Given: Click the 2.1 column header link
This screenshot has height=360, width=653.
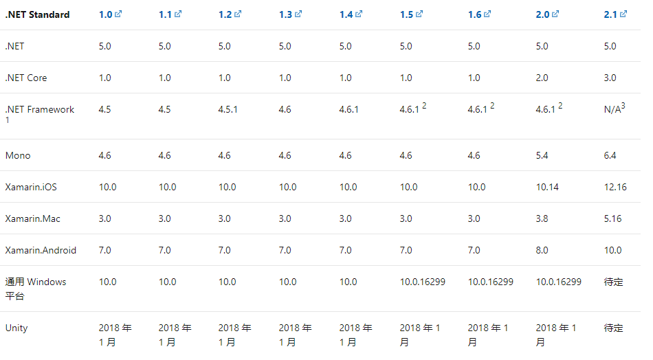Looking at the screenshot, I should tap(609, 14).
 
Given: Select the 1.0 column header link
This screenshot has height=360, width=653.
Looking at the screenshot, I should tap(105, 14).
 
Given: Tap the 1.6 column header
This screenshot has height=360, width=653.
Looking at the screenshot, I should tap(475, 14).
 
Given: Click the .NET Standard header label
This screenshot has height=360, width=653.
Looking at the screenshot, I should tap(37, 14).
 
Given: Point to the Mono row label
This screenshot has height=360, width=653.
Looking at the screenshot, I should tap(18, 155).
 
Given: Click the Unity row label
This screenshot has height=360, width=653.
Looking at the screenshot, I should tap(16, 328).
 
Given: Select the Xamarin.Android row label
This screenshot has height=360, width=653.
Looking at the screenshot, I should tap(41, 250).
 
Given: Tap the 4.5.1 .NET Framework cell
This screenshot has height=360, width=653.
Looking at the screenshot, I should tap(228, 109).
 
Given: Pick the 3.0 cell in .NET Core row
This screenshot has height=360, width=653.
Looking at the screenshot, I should tap(610, 78).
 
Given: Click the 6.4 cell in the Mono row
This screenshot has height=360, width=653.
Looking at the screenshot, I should tap(610, 155).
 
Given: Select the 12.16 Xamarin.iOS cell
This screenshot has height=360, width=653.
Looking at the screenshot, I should tap(615, 187).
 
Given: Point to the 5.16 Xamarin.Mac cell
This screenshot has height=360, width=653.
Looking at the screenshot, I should tap(612, 218).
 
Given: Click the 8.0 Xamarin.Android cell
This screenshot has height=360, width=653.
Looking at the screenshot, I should tap(542, 250).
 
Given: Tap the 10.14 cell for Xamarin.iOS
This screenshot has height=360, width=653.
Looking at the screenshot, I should tap(547, 187).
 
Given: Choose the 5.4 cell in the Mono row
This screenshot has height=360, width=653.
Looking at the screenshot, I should tap(542, 155).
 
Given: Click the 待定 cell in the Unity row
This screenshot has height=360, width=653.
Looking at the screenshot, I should tap(613, 328).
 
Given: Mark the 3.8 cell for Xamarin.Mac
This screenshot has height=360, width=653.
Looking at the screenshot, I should tap(542, 218).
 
